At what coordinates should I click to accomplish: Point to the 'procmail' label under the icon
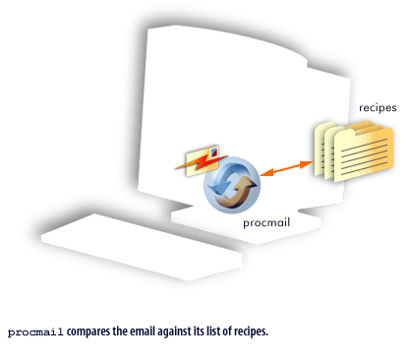tap(268, 224)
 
